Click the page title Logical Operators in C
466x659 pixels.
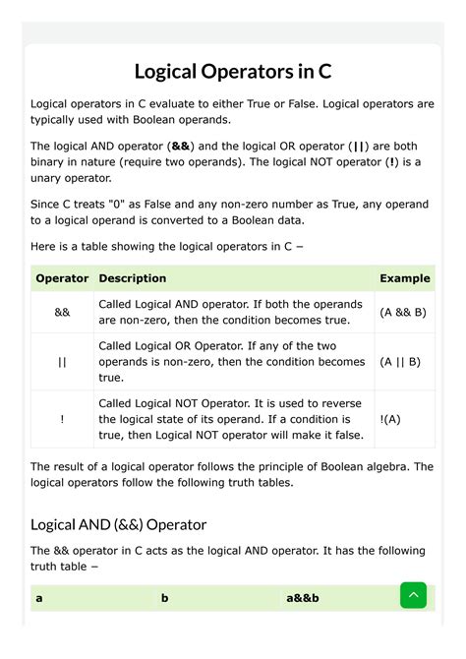pos(232,72)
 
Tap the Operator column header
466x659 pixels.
pos(62,278)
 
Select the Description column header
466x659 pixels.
pos(133,278)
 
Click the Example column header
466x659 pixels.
pos(404,278)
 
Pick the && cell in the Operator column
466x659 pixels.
pos(62,312)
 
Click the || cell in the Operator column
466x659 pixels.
pos(62,361)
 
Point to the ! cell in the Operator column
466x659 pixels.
pos(62,418)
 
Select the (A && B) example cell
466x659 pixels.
pos(403,312)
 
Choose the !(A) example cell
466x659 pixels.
pos(390,418)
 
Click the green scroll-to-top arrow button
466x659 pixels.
pos(413,595)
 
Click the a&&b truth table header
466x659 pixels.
pos(304,597)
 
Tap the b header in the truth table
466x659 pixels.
pos(165,597)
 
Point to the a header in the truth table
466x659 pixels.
pos(39,597)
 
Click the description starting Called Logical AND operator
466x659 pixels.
pos(230,312)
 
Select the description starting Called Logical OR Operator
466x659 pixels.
pos(230,361)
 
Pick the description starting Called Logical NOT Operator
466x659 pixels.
pos(230,418)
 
